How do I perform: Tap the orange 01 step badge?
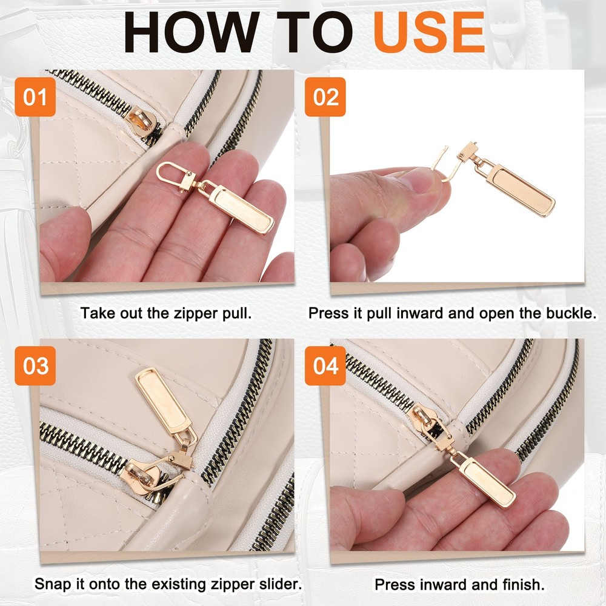[35, 96]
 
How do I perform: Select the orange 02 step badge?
[325, 96]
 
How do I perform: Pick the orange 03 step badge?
[35, 365]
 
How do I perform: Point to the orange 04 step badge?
[325, 365]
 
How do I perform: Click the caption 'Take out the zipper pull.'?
[166, 313]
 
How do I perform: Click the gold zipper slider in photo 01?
[142, 122]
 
